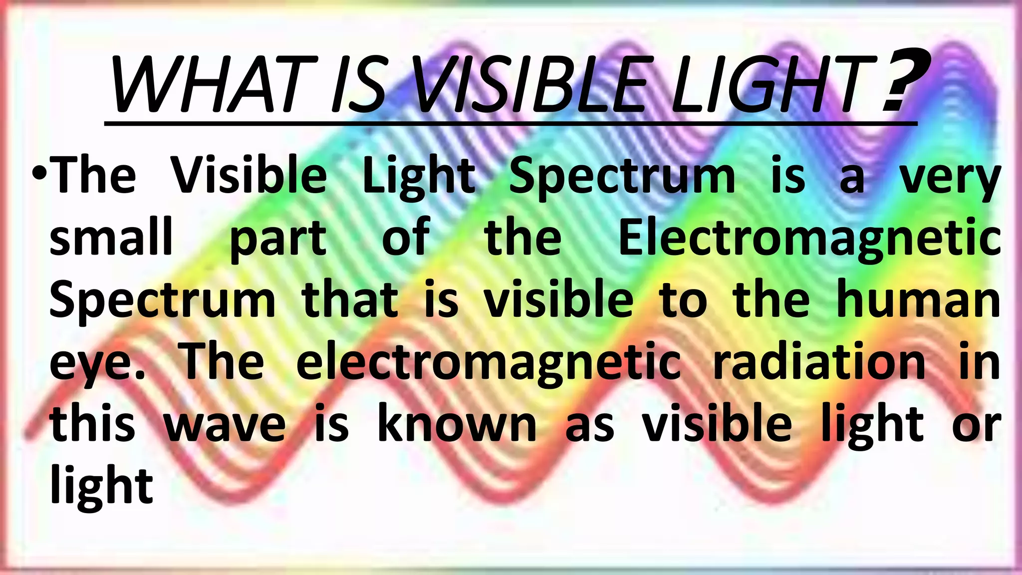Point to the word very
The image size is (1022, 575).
[950, 177]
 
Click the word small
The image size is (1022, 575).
[111, 237]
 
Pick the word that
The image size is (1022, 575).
[349, 299]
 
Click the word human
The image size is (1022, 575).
[918, 299]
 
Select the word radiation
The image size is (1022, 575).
[819, 362]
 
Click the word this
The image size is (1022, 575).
[92, 424]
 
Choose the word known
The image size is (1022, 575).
[457, 424]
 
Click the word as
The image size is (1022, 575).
[589, 427]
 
